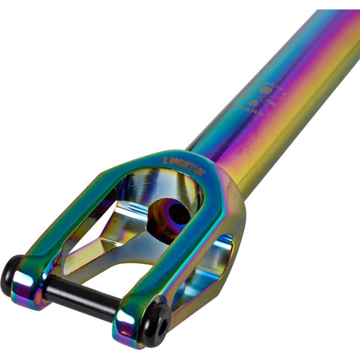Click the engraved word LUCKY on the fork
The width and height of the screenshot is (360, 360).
pos(175,161)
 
